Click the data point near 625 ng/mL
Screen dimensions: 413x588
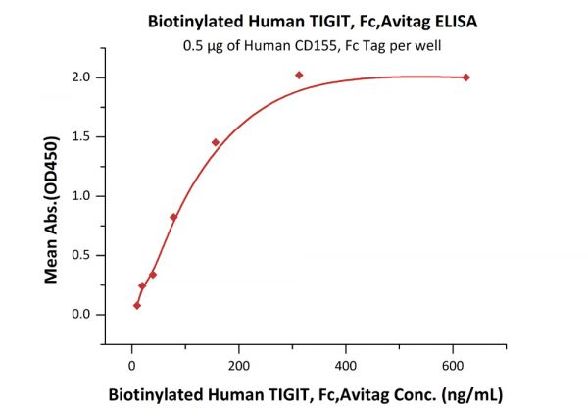coord(465,77)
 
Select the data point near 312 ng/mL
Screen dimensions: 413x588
coord(299,76)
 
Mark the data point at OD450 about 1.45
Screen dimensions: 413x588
coord(216,142)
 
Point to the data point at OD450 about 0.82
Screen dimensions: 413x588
coord(173,217)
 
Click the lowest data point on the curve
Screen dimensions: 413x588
coord(137,305)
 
